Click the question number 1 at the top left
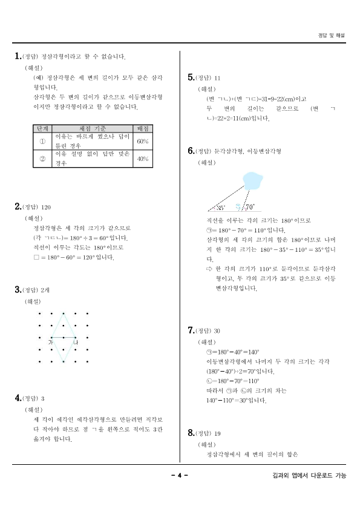(17, 56)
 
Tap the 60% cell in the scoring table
(143, 141)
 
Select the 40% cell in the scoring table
(143, 159)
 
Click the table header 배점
(143, 128)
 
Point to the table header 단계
(43, 128)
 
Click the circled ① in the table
(43, 141)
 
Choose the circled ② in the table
(43, 159)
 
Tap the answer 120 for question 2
(47, 207)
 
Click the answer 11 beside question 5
(217, 78)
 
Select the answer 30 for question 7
(217, 330)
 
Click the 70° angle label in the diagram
(250, 207)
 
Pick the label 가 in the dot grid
(50, 343)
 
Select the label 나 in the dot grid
(75, 343)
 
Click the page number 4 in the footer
(180, 476)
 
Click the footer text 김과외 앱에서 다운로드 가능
(309, 476)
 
